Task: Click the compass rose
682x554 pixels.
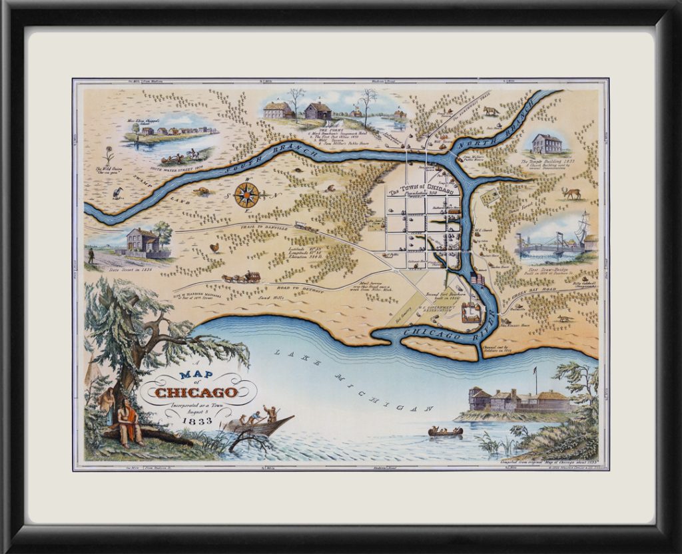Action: pyautogui.click(x=246, y=194)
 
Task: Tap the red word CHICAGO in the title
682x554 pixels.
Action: pyautogui.click(x=194, y=392)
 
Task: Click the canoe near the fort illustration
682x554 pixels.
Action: pyautogui.click(x=446, y=432)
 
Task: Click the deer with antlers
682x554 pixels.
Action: pyautogui.click(x=571, y=193)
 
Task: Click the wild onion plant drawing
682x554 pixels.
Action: pyautogui.click(x=109, y=156)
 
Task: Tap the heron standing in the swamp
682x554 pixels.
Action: pyautogui.click(x=119, y=193)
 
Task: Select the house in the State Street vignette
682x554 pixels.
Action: pyautogui.click(x=143, y=242)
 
